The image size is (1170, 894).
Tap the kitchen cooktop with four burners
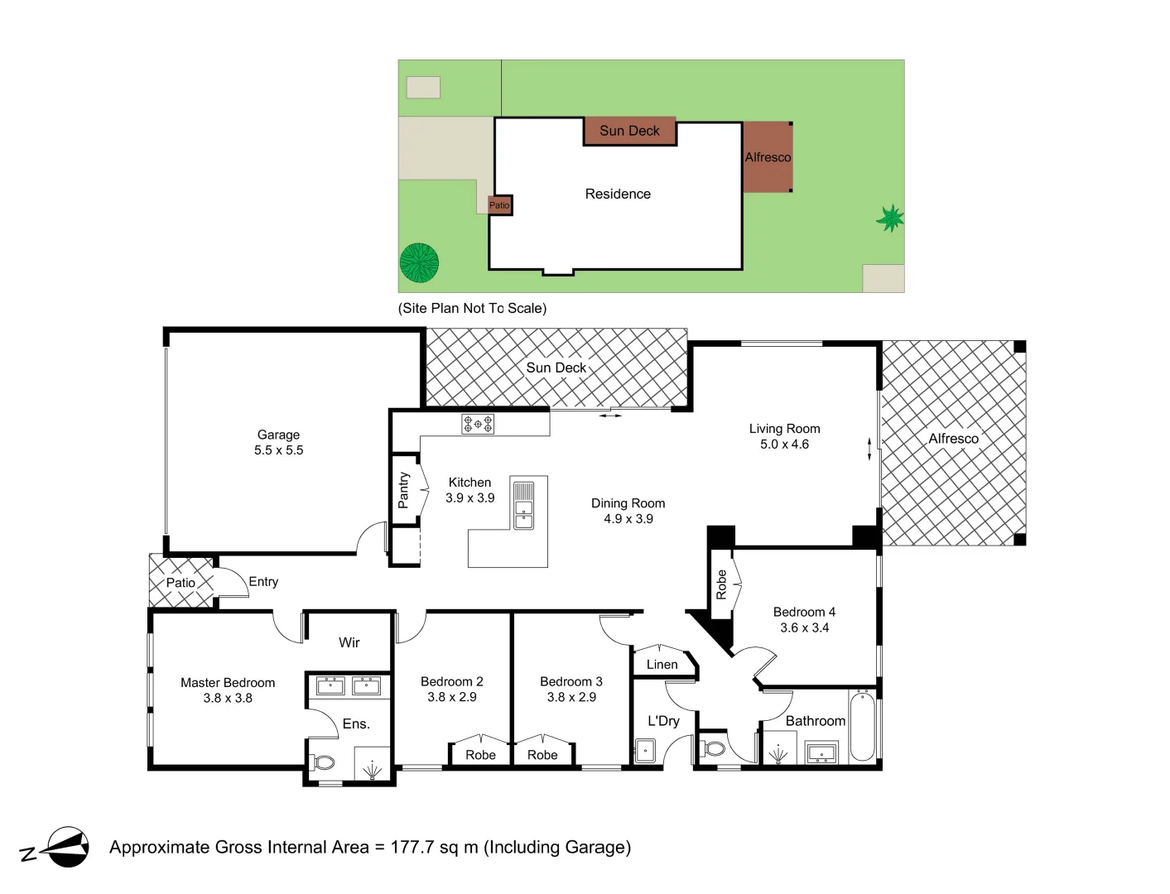pos(478,425)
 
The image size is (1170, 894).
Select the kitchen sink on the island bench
pos(523,505)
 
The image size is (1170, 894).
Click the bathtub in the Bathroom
pos(862,727)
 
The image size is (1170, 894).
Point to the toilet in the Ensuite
pos(322,762)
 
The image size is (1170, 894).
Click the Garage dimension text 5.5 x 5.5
pos(278,450)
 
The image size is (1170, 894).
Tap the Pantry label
pos(403,490)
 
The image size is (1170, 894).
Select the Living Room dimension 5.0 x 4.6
pos(784,445)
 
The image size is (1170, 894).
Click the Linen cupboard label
pos(662,665)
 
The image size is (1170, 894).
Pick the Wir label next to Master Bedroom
pos(349,642)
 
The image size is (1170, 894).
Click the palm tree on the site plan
pos(890,219)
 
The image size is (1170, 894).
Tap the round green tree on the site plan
pos(419,262)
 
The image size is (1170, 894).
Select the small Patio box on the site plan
pos(499,205)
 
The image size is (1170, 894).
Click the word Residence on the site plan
pos(618,194)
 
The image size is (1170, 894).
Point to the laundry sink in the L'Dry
pos(644,751)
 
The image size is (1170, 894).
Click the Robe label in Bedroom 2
pos(480,755)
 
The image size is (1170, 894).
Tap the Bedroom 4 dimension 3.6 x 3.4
pos(804,627)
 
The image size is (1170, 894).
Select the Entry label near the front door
pos(263,582)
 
